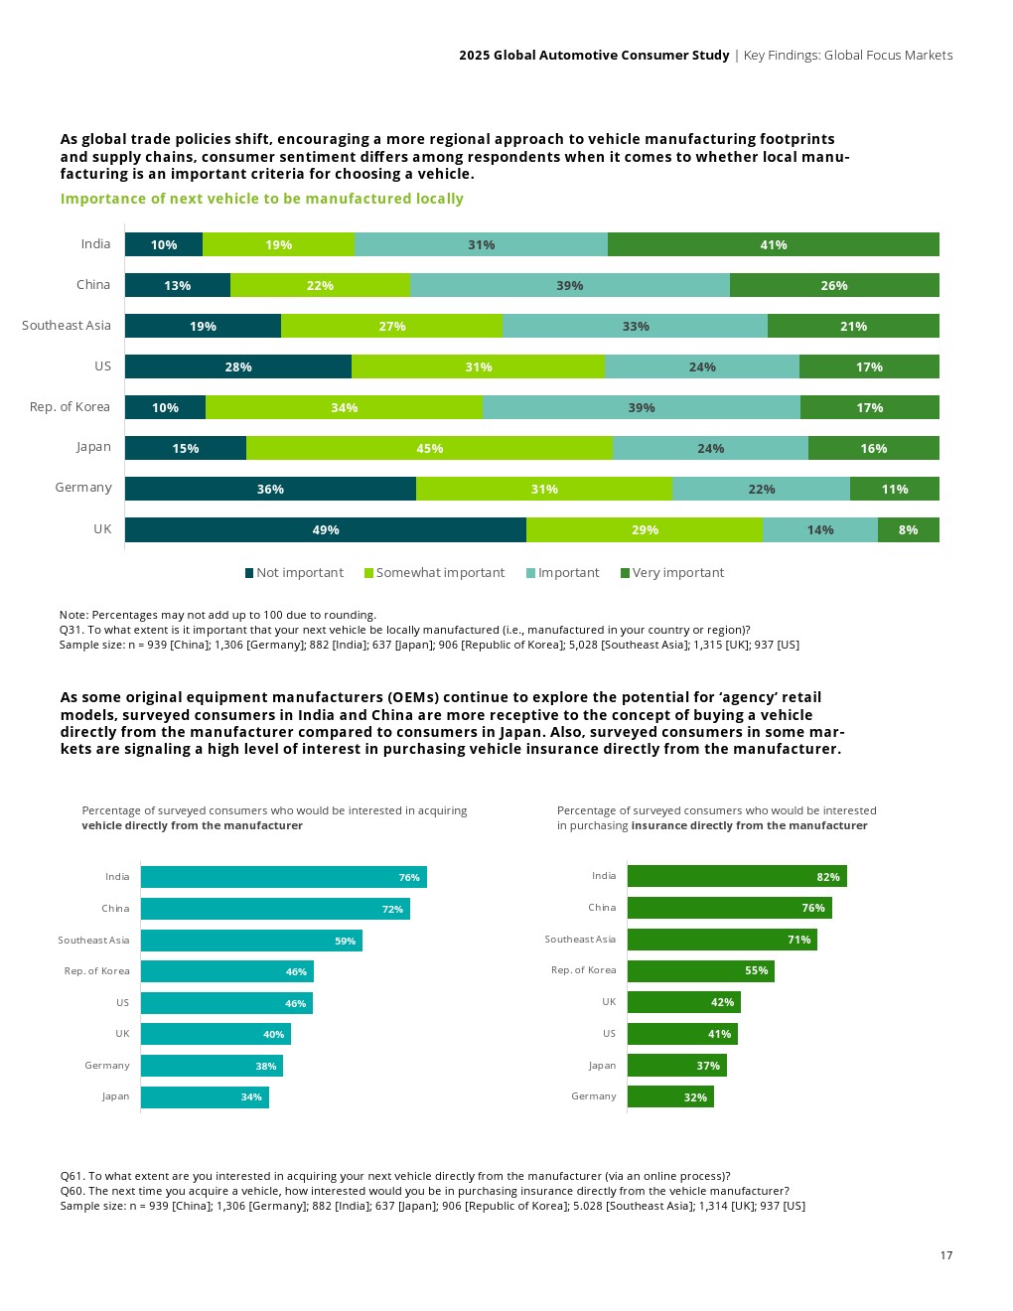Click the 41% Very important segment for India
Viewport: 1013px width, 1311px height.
pos(773,244)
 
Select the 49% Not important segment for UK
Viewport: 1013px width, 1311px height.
pos(326,529)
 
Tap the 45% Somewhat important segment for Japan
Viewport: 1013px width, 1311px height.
pos(429,448)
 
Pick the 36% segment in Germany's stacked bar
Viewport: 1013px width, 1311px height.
pos(270,489)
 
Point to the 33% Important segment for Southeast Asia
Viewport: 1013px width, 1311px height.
pos(635,326)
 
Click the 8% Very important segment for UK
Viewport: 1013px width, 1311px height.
pos(908,529)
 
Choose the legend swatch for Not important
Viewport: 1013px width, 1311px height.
pos(249,573)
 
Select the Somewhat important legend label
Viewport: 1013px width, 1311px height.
pos(440,573)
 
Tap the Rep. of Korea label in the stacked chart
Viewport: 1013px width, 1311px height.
pos(70,407)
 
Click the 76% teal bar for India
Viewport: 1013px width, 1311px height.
pos(283,877)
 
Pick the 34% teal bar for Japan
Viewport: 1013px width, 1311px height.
pos(205,1097)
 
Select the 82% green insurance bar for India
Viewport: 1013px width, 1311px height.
pos(736,876)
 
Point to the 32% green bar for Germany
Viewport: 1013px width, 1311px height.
pos(670,1096)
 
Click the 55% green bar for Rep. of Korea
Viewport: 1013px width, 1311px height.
pos(700,970)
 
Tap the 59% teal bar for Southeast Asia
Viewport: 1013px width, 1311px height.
pos(251,941)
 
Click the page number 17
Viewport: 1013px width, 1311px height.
pos(946,1255)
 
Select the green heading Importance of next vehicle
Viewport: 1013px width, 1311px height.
pos(261,199)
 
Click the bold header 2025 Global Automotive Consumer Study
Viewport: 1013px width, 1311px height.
pos(594,56)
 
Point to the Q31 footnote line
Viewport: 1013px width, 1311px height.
pos(404,630)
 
